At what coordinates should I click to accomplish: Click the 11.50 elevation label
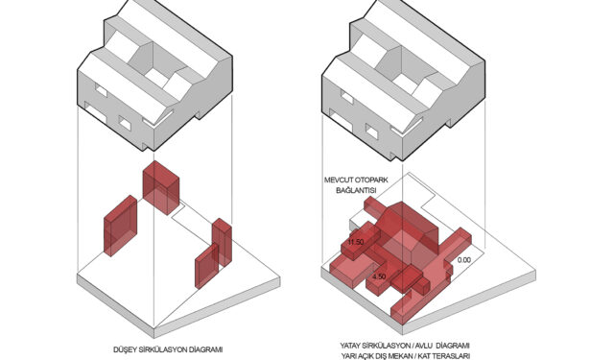coord(356,242)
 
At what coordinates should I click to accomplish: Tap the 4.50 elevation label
coord(379,276)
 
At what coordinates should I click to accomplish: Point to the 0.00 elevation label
coord(464,260)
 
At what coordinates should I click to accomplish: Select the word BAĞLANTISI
coord(356,190)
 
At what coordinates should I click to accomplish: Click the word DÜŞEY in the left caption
coord(124,349)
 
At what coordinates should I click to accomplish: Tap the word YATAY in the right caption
coord(351,346)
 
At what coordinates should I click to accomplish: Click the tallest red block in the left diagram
coord(161,187)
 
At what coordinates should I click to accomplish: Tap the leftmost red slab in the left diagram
coord(120,226)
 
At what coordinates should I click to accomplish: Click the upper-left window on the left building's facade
coord(101,91)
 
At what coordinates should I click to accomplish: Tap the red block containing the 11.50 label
coord(360,240)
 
